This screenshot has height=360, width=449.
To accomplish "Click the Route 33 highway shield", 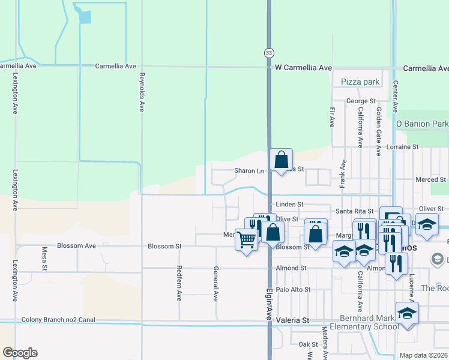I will [268, 53].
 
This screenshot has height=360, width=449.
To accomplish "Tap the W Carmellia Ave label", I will [303, 68].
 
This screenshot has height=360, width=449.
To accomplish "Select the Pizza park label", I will [360, 82].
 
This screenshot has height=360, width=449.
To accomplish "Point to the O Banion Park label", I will [422, 124].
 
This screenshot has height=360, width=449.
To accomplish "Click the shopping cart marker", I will [247, 239].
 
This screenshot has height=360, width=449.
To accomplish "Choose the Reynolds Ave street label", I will [142, 92].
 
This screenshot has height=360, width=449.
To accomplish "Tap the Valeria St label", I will [292, 320].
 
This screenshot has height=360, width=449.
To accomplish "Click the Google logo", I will [20, 353].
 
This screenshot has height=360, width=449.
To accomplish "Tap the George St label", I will [361, 101].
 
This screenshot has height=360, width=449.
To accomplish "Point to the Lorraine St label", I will [402, 146].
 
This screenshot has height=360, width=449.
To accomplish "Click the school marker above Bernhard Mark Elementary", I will [407, 313].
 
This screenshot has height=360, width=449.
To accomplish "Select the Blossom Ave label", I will [76, 246].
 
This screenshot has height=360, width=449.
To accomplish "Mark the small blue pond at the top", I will [84, 16].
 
